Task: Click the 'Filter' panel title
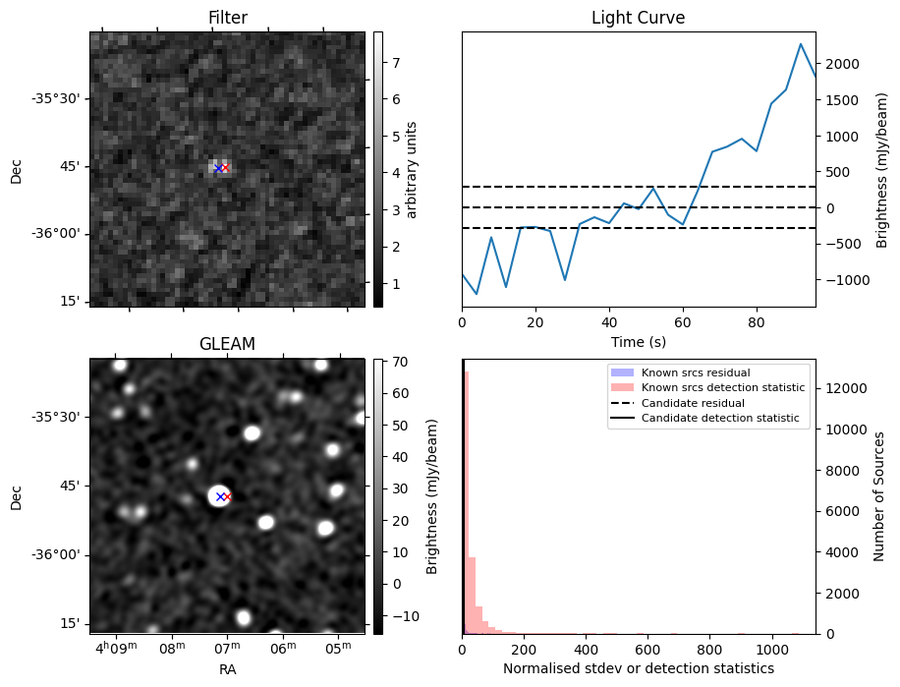(x=228, y=18)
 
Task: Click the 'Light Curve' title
(x=638, y=18)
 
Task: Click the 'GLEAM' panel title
(x=227, y=344)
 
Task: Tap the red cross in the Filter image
(x=225, y=168)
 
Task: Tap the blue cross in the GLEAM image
(x=220, y=496)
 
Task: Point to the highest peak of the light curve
(x=801, y=44)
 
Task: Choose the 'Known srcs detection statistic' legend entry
(x=722, y=388)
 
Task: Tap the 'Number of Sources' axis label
(x=880, y=496)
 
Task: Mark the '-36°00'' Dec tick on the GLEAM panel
(x=58, y=555)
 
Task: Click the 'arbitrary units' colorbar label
(x=412, y=169)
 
